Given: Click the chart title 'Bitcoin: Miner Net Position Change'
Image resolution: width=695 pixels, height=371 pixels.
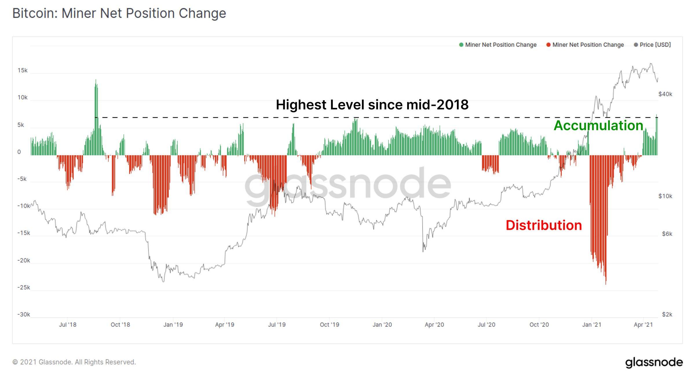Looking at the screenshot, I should tap(119, 13).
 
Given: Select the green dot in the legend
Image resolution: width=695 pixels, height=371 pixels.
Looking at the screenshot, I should tap(461, 45).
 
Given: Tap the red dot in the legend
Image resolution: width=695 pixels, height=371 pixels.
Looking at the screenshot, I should tap(548, 45).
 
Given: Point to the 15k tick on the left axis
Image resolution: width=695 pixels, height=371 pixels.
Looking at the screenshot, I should tap(22, 70).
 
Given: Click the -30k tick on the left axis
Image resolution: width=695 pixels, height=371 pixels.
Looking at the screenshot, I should tap(23, 315).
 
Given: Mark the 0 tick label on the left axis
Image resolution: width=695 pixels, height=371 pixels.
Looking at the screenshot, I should tap(19, 152).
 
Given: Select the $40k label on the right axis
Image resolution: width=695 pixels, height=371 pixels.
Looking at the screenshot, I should tap(665, 94).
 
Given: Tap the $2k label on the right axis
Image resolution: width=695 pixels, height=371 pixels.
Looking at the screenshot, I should tap(667, 315).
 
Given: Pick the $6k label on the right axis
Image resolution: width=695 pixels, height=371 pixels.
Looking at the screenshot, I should tap(667, 234).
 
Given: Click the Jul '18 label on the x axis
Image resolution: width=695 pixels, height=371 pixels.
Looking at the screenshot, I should tap(67, 325).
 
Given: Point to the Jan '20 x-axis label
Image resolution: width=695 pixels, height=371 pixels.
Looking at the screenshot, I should tap(382, 325).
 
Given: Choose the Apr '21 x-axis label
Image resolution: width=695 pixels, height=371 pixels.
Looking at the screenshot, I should tap(643, 325).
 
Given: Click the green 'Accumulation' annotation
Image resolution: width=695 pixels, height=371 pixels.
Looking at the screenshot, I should tap(598, 126).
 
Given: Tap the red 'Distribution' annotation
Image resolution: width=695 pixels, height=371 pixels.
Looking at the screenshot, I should tap(544, 225).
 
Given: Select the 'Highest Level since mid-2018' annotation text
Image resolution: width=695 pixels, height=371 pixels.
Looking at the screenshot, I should tap(372, 105).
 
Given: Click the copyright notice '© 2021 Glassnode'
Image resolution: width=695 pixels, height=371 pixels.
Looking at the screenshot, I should tap(74, 362).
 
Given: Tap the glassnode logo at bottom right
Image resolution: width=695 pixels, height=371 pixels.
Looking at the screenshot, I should tap(654, 362).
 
